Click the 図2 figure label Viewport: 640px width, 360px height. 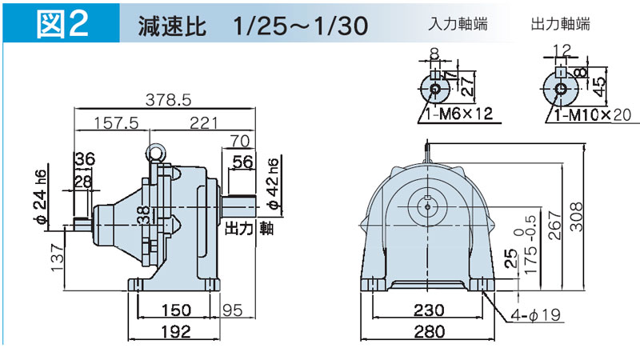tap(62, 23)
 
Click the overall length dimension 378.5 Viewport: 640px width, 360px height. tap(168, 99)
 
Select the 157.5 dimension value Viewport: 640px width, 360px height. tap(116, 122)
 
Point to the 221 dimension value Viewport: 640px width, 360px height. tap(204, 122)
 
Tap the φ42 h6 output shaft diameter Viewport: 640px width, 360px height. tap(273, 184)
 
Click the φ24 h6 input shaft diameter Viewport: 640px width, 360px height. tap(41, 197)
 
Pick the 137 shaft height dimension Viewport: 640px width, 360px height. tap(58, 258)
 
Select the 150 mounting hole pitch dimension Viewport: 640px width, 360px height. tap(176, 310)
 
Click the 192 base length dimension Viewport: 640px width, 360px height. tap(176, 331)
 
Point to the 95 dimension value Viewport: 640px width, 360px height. tap(233, 310)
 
